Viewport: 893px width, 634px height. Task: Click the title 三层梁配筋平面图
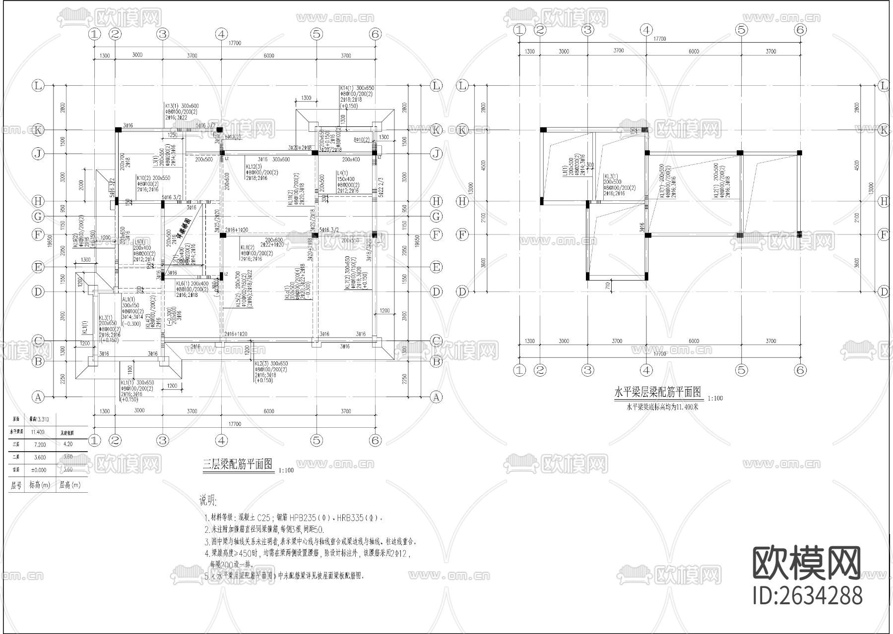(x=238, y=464)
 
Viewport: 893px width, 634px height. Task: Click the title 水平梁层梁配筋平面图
(x=658, y=393)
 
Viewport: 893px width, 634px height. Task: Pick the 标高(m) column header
(x=40, y=485)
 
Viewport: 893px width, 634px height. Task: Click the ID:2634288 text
(x=808, y=595)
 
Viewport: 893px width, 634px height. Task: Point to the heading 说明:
(x=208, y=500)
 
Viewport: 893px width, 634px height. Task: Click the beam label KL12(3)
(x=255, y=167)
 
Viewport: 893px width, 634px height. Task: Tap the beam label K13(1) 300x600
(x=182, y=106)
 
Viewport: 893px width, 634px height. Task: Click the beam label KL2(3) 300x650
(x=271, y=363)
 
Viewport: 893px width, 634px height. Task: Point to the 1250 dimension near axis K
(x=172, y=135)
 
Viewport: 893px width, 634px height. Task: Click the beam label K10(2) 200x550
(x=153, y=177)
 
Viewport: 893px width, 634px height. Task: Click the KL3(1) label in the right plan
(x=611, y=176)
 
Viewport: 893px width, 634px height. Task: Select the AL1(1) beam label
(x=128, y=299)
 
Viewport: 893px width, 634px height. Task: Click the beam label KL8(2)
(x=247, y=247)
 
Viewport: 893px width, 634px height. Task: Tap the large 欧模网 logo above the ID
(x=807, y=564)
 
